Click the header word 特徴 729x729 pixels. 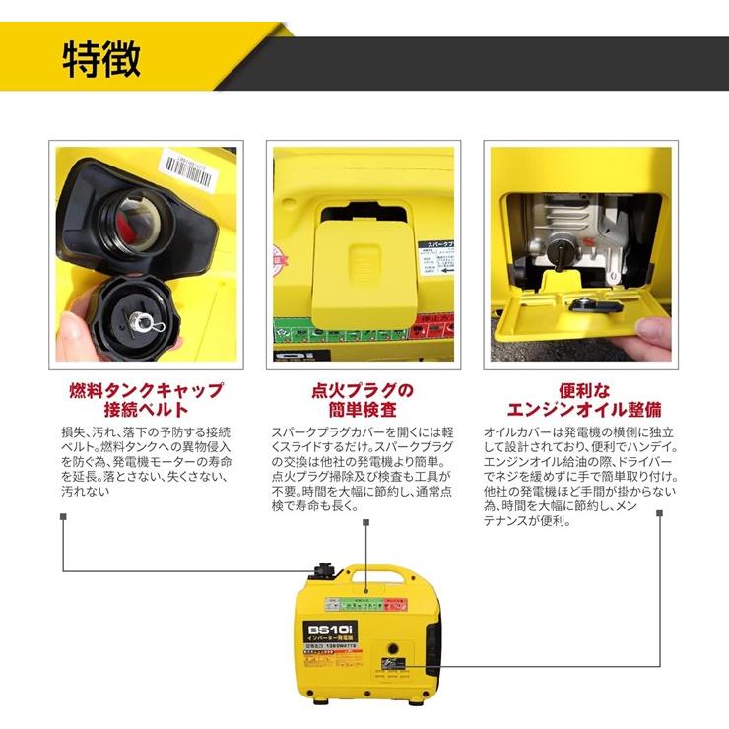(x=101, y=60)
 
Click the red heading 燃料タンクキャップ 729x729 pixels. (x=146, y=389)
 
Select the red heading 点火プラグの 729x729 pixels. (x=364, y=389)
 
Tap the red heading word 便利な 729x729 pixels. (x=581, y=389)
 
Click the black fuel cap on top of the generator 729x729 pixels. (x=324, y=572)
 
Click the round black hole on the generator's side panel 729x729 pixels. (x=392, y=651)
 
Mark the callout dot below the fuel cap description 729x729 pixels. (x=63, y=515)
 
